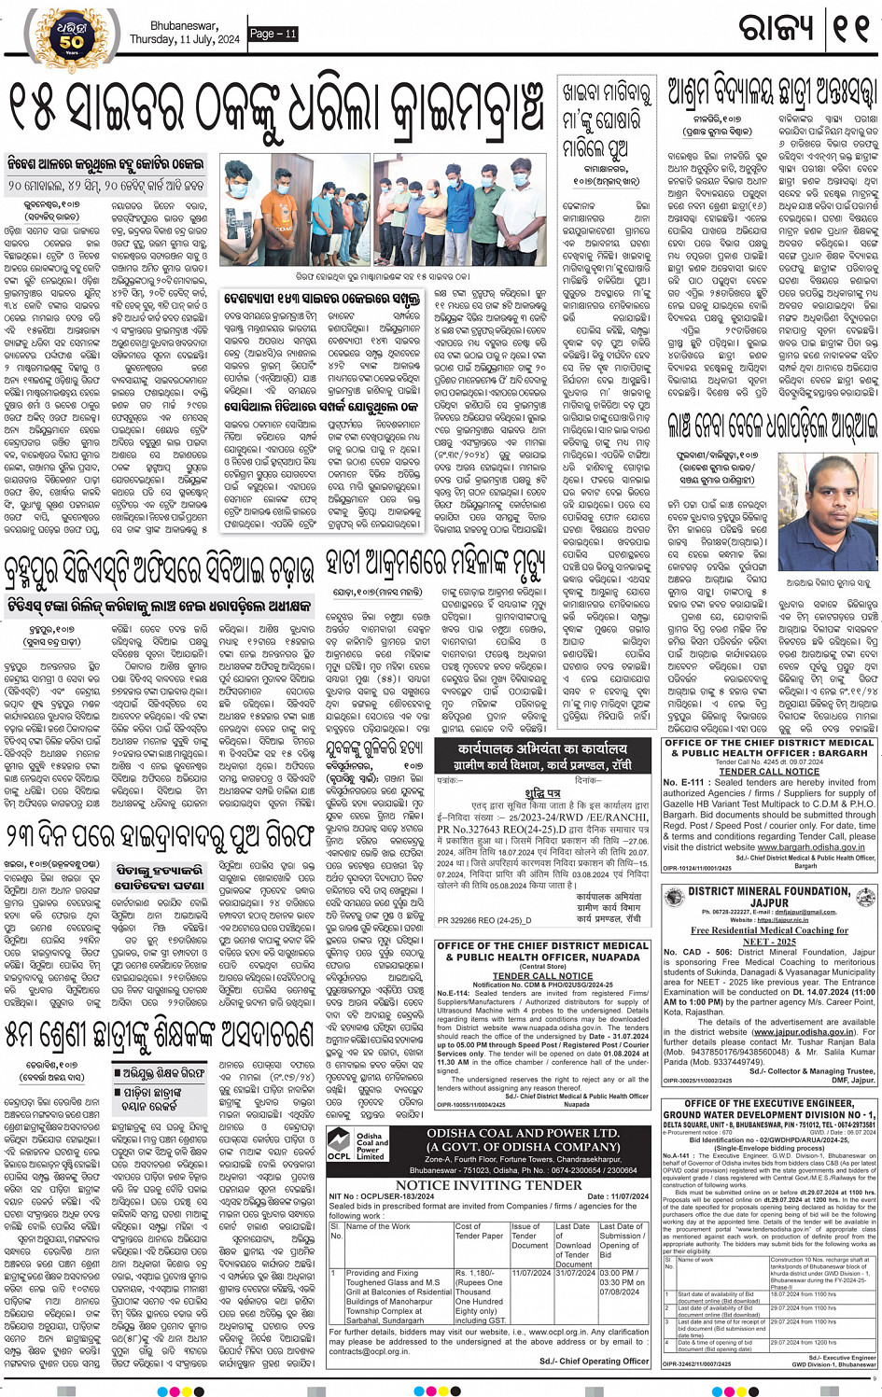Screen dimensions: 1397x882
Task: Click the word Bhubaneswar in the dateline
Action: coord(184,26)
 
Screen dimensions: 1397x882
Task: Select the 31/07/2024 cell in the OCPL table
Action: coord(575,1272)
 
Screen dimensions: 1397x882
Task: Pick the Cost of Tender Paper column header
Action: coord(479,1231)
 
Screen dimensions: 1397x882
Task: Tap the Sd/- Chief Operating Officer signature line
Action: coord(595,1361)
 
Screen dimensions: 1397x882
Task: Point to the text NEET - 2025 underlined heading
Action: coord(769,942)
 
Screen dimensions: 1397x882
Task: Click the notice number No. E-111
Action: coord(684,782)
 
